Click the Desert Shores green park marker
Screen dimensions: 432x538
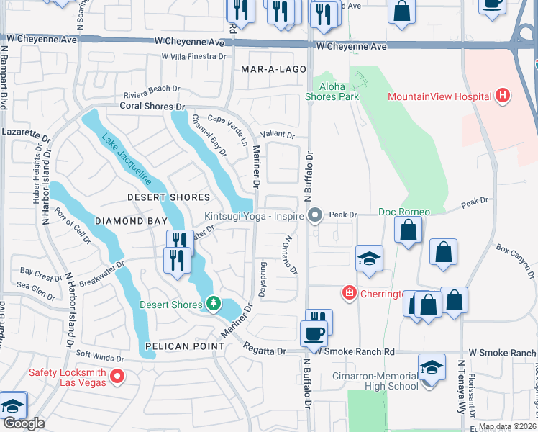212,304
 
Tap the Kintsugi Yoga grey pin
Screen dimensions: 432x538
314,215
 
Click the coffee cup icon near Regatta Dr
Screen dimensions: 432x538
313,335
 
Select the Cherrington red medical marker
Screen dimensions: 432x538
349,292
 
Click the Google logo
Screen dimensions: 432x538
23,423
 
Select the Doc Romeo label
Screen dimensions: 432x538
404,212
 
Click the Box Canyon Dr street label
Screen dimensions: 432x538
515,260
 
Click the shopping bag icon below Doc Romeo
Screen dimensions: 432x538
409,231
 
